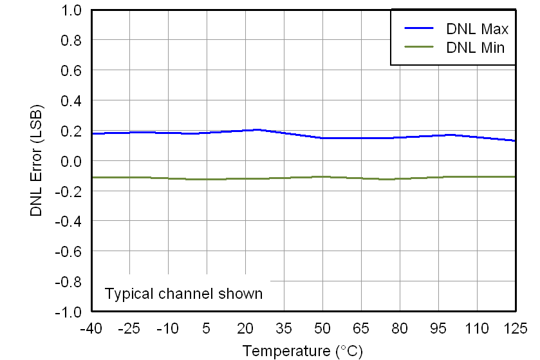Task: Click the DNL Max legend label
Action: point(478,29)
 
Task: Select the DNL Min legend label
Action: point(476,47)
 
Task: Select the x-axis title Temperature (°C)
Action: point(303,351)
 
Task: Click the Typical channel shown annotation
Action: point(183,294)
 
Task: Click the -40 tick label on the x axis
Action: point(91,328)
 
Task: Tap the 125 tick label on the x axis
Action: point(515,328)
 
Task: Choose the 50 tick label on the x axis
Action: point(322,328)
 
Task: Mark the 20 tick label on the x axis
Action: point(245,328)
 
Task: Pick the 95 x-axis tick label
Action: point(438,328)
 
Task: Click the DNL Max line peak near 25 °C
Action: point(258,129)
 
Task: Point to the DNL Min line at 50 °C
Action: point(322,176)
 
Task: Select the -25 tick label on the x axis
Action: point(129,328)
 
